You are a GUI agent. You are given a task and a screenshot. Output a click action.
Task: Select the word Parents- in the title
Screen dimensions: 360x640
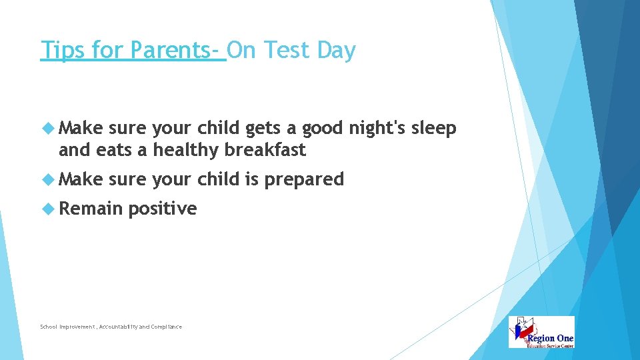177,51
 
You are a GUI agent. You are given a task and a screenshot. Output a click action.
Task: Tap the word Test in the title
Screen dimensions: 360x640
293,51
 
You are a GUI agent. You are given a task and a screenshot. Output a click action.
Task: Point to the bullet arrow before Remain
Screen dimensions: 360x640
48,209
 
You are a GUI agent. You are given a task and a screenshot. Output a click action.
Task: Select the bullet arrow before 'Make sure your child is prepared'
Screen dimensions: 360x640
48,179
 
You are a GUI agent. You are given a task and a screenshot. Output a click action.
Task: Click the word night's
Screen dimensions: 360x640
373,129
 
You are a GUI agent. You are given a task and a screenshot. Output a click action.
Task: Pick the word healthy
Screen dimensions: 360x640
186,151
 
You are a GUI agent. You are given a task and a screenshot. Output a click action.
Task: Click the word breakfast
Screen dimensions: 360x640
265,150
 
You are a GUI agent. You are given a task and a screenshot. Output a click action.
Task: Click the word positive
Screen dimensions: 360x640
163,209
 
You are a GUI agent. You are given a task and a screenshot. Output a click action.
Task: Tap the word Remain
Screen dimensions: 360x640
91,209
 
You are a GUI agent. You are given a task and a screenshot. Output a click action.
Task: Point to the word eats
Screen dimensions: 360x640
114,151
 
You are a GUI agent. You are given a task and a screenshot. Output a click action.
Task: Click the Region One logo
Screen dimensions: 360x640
541,332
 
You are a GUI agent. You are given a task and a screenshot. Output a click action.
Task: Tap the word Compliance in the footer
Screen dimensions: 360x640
166,327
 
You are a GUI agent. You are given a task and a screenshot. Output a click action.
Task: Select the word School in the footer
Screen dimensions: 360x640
49,327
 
